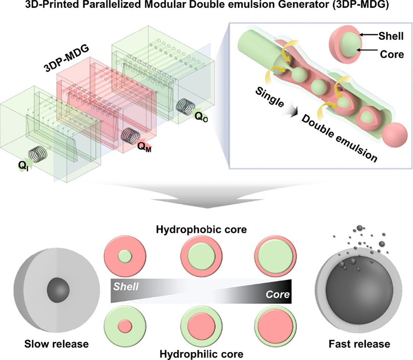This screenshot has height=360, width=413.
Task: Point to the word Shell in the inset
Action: [x=390, y=36]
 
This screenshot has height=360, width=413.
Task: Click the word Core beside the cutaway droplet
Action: [x=390, y=55]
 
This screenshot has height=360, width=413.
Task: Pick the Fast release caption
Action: [x=359, y=344]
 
